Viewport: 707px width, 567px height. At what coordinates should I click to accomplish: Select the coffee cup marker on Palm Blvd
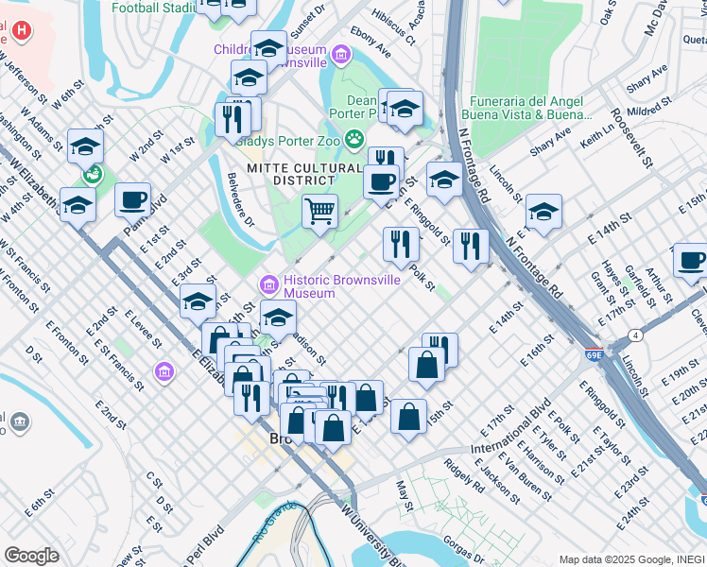133,199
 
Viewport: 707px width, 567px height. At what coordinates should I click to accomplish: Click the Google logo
31,556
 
